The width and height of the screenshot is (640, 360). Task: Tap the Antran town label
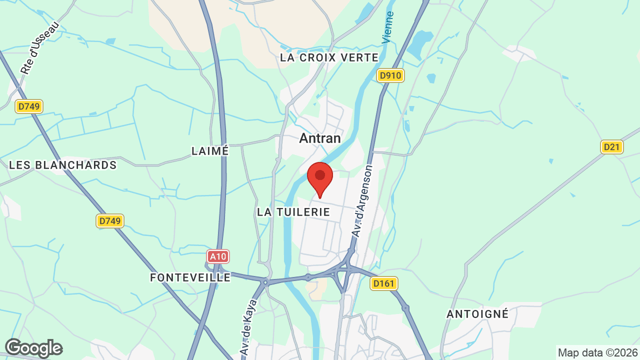click(x=320, y=138)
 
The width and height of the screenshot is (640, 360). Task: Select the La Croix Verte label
click(x=329, y=57)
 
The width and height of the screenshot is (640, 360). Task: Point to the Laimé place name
click(x=210, y=150)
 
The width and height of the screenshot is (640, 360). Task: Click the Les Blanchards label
click(x=63, y=165)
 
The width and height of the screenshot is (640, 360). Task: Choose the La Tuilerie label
click(x=293, y=212)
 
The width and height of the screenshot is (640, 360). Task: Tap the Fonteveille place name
click(x=190, y=277)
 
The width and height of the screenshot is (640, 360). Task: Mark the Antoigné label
click(x=477, y=314)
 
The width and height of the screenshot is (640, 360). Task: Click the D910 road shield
click(x=390, y=76)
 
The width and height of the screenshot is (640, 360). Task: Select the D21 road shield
click(x=611, y=147)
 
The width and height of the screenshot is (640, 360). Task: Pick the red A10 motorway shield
click(x=218, y=257)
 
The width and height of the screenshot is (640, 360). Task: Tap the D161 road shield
click(x=384, y=284)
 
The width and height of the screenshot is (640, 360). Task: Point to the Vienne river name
click(x=388, y=27)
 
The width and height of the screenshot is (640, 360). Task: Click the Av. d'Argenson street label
click(x=362, y=201)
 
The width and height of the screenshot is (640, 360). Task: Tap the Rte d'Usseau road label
click(x=39, y=48)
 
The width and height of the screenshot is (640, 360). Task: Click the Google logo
click(x=33, y=348)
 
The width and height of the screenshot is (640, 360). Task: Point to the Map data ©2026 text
click(x=597, y=352)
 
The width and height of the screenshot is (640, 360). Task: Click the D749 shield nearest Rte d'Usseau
click(x=29, y=106)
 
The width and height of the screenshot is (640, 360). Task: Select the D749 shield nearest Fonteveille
click(x=110, y=221)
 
